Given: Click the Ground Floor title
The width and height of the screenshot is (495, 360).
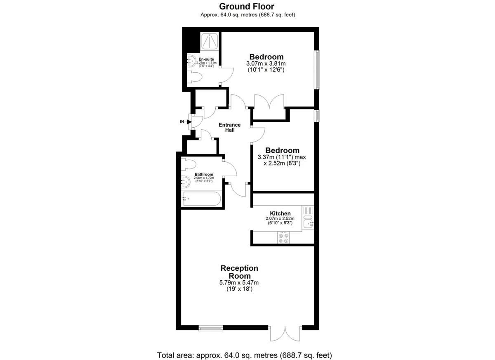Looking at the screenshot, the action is [247, 7].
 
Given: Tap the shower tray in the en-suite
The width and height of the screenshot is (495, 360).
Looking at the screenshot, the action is [210, 41].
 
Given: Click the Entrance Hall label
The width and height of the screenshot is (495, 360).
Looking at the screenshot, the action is [230, 128].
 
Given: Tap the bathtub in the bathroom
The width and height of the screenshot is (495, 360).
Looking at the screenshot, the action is [201, 199].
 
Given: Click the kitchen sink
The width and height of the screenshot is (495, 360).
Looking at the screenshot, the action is [308, 222].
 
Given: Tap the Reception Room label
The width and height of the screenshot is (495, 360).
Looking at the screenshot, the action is [240, 272].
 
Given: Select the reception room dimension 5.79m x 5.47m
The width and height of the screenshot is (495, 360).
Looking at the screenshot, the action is [239, 283].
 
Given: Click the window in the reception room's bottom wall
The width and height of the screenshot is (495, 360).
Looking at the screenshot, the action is [211, 328].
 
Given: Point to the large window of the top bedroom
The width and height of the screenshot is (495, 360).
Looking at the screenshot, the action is [317, 70].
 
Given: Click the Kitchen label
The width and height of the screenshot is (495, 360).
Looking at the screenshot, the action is [280, 213].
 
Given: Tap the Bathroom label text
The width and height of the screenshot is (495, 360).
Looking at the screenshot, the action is [204, 174].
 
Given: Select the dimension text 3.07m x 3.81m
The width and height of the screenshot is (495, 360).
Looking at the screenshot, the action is [266, 64].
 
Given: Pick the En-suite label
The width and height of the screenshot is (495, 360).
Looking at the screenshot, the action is [206, 59].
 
